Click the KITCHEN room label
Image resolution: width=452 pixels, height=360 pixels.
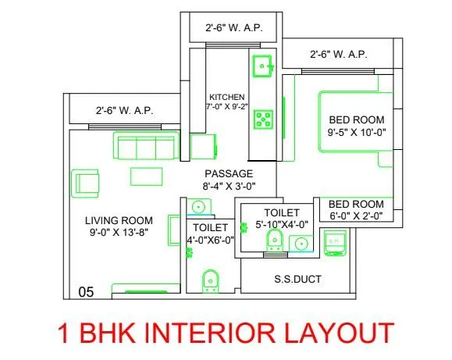pyautogui.click(x=227, y=97)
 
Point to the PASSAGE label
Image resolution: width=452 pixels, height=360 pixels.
pyautogui.click(x=229, y=173)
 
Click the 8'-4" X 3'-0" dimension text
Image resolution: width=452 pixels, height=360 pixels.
pyautogui.click(x=229, y=187)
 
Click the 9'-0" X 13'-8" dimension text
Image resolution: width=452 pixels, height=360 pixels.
pyautogui.click(x=119, y=232)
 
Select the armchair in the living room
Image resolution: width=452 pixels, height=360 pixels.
pyautogui.click(x=84, y=184)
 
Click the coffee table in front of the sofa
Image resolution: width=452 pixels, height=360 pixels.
pyautogui.click(x=146, y=176)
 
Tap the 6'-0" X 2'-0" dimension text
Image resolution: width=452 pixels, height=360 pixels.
pyautogui.click(x=356, y=216)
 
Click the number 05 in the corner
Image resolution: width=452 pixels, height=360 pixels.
pyautogui.click(x=86, y=292)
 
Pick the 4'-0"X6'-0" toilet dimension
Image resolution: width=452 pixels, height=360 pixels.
pyautogui.click(x=209, y=240)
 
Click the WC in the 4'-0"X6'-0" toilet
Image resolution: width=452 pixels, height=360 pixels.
pyautogui.click(x=209, y=280)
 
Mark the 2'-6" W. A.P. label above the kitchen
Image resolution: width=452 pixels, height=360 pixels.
pyautogui.click(x=233, y=28)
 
